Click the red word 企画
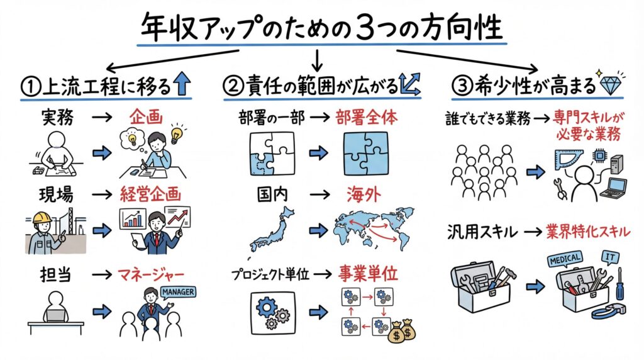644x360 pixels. pyautogui.click(x=145, y=117)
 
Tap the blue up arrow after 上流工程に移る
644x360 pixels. pyautogui.click(x=182, y=84)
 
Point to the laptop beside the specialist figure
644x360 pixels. pyautogui.click(x=612, y=189)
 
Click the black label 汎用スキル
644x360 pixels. pyautogui.click(x=484, y=232)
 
